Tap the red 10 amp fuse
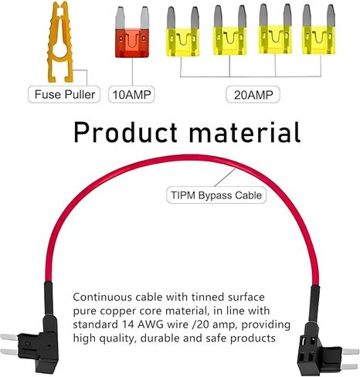click(132, 32)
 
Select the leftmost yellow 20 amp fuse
click(183, 32)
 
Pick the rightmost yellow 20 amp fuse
click(319, 29)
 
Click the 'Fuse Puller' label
click(64, 94)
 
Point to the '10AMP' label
click(131, 94)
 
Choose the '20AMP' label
click(253, 94)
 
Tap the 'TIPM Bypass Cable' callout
click(216, 195)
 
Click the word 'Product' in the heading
click(125, 132)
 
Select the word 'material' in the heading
click(245, 132)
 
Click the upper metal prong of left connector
click(9, 337)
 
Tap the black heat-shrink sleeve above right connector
click(314, 304)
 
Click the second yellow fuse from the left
click(229, 30)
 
